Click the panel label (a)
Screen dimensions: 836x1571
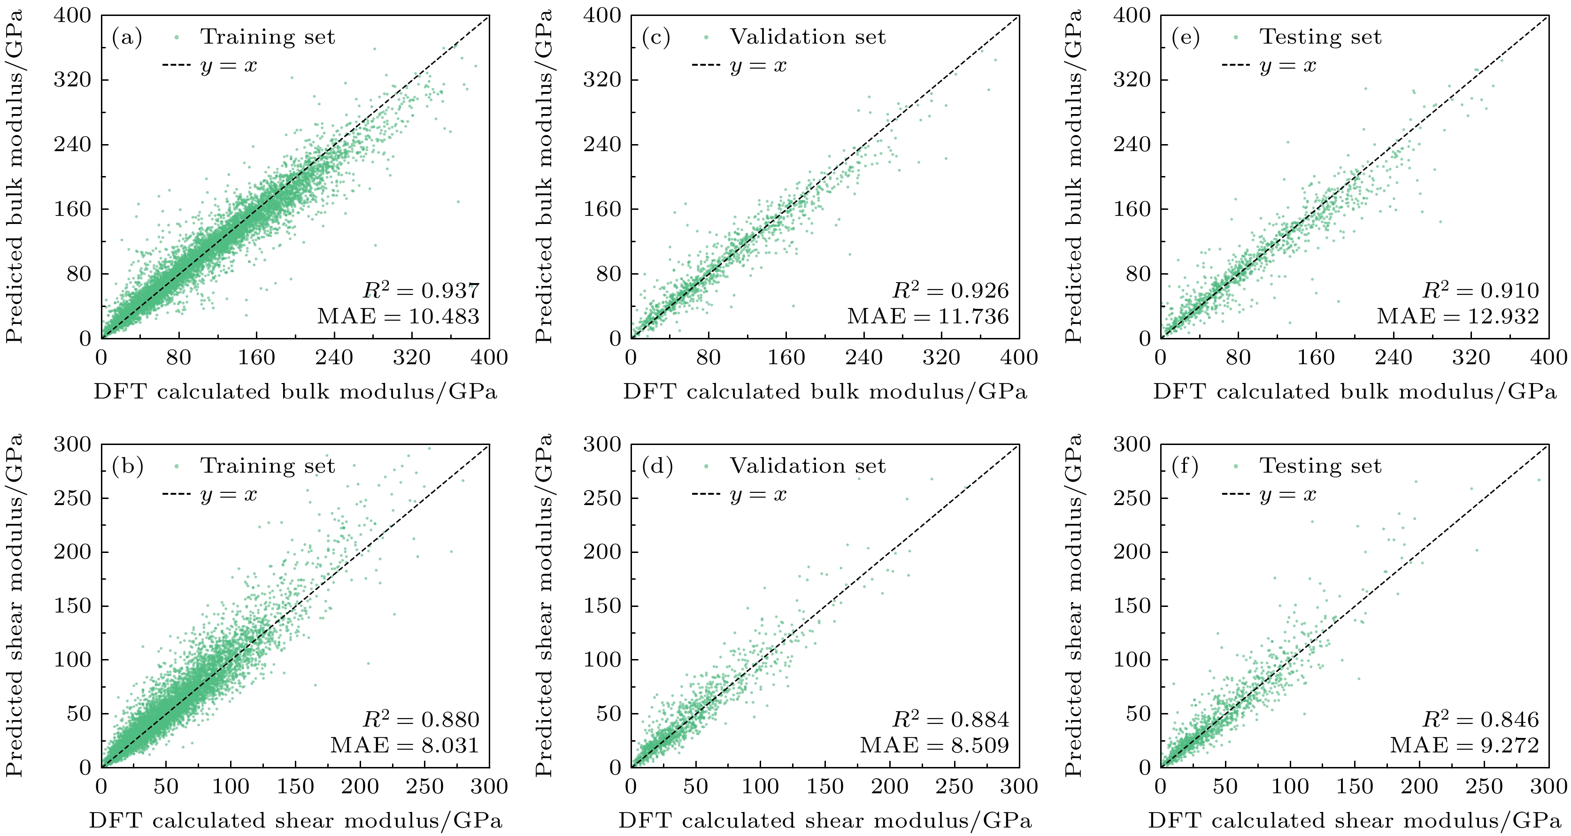point(127,38)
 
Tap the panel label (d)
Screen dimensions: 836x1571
point(657,467)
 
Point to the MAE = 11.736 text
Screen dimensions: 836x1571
point(928,316)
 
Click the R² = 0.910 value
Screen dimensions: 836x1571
point(1481,290)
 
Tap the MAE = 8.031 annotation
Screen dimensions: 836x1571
point(405,745)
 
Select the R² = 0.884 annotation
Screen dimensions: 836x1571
point(951,720)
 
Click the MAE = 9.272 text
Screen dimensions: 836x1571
point(1464,745)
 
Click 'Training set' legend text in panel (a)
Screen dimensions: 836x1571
point(268,37)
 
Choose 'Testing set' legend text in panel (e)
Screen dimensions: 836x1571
point(1320,37)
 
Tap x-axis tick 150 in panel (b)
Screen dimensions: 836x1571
point(295,787)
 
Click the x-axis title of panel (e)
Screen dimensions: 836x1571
point(1355,391)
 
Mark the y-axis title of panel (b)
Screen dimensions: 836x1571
point(15,605)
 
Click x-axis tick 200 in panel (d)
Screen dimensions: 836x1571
point(890,787)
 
